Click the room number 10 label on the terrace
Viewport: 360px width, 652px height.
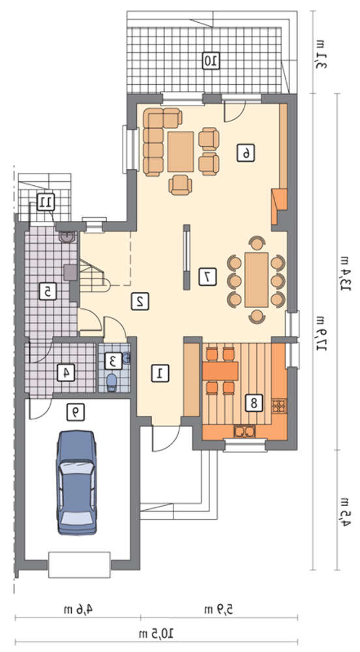coord(211,61)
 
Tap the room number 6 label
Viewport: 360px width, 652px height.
coord(246,153)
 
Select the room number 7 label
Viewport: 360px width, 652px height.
coord(207,277)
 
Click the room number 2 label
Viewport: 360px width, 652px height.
coord(140,301)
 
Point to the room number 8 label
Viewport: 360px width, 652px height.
coord(253,402)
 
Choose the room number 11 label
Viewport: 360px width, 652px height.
coord(44,202)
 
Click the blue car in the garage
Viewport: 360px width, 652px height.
coord(77,482)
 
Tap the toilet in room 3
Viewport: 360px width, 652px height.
coord(112,381)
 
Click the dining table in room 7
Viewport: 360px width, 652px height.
coord(256,280)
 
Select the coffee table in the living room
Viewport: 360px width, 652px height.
coord(181,151)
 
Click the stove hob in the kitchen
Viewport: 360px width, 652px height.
coord(279,406)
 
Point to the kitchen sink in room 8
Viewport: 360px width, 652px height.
coord(245,432)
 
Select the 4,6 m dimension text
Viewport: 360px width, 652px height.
coord(78,610)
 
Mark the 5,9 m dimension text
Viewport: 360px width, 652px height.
coord(218,610)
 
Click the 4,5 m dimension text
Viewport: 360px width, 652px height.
coord(344,511)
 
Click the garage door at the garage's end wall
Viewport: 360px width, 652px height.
coord(80,565)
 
